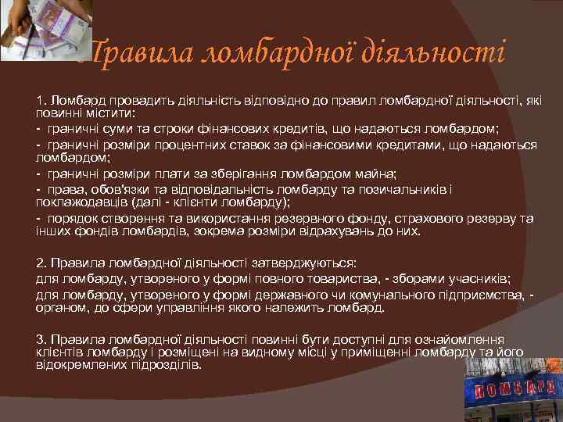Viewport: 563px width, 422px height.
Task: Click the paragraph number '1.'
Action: (41, 101)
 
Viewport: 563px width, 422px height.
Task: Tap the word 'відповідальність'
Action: (233, 188)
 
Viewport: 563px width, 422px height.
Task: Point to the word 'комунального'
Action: (364, 295)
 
